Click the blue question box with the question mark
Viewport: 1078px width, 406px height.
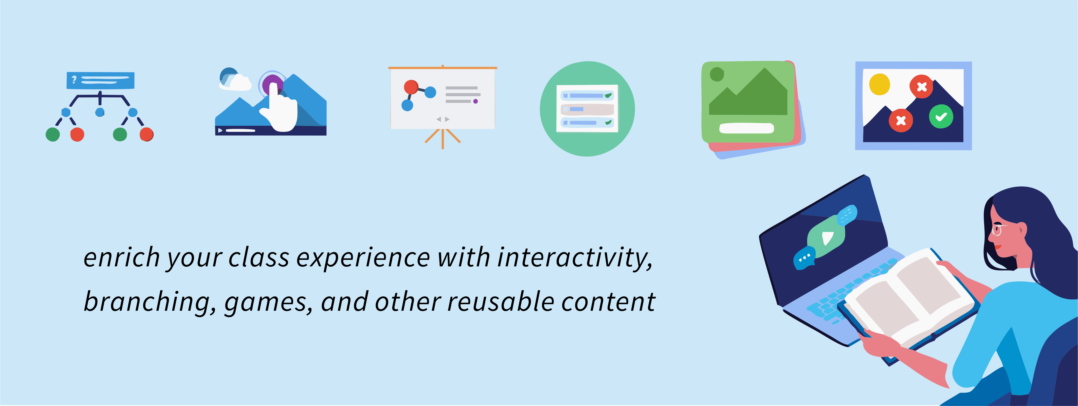tap(100, 80)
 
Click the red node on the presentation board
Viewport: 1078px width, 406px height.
tap(411, 87)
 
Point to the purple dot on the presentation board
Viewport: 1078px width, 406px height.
tap(475, 101)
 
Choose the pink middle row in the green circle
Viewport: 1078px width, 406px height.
tap(587, 109)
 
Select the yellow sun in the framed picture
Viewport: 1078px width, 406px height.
tap(879, 84)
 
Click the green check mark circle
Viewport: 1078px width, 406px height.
tap(941, 116)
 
